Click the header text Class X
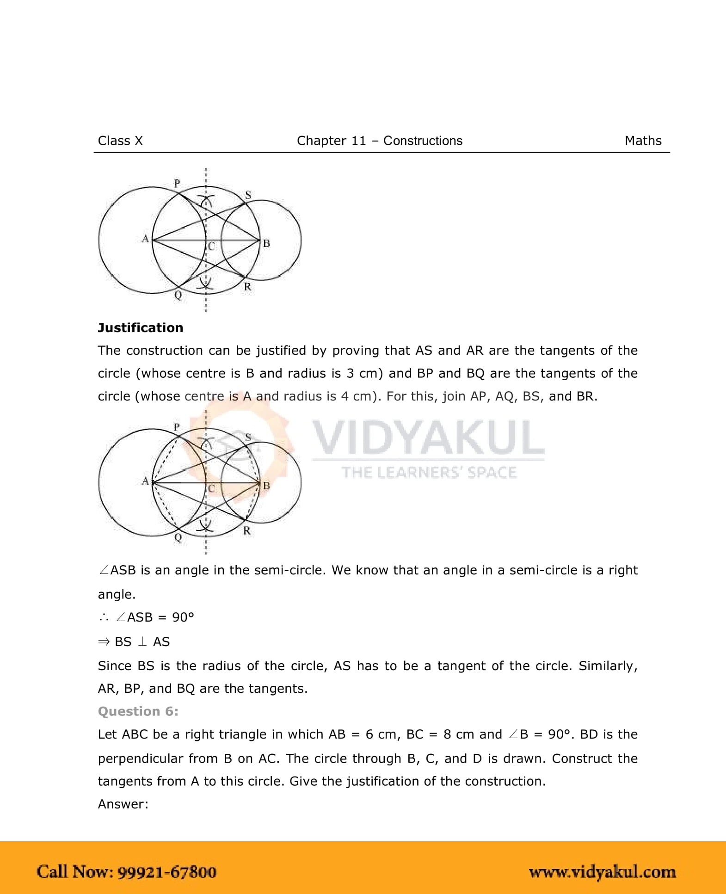point(120,141)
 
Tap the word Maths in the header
point(643,141)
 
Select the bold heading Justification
point(141,328)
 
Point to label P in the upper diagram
point(177,183)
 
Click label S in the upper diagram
point(248,195)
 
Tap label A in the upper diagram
point(145,239)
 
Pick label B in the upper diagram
point(266,243)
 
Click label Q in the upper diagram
point(178,295)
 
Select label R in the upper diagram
point(248,287)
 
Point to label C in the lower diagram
point(211,488)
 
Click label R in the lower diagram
point(247,530)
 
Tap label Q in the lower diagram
point(178,537)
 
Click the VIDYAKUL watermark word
point(428,438)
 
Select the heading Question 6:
point(138,711)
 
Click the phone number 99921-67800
point(167,872)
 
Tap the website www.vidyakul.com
point(602,872)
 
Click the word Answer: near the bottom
point(123,804)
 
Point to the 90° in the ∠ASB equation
point(183,617)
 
